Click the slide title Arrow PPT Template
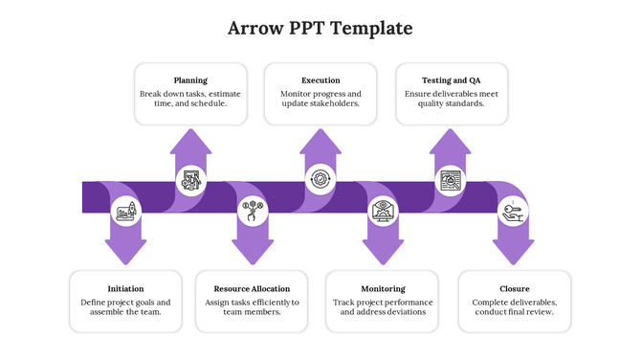[x=320, y=28]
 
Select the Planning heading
[x=190, y=80]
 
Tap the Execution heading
[x=320, y=80]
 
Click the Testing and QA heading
[x=451, y=80]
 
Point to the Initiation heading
[x=126, y=288]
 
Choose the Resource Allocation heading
[x=252, y=288]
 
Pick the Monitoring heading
[x=383, y=288]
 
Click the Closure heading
[x=514, y=288]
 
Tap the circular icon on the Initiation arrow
[x=125, y=212]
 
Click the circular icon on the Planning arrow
[x=190, y=180]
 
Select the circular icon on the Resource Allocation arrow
[x=254, y=210]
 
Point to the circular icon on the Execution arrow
[x=320, y=179]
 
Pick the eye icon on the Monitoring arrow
[x=384, y=211]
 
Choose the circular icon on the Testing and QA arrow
[x=450, y=179]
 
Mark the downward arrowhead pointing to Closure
[x=514, y=251]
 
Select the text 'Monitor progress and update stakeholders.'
[x=320, y=99]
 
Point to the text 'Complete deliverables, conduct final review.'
[x=514, y=306]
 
